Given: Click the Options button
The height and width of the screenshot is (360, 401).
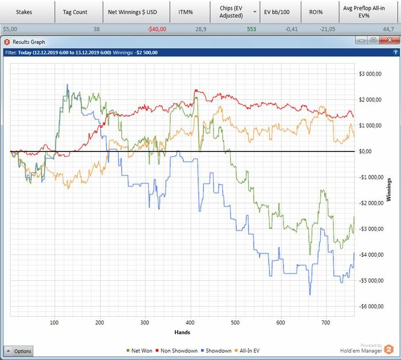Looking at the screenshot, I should tap(19, 351).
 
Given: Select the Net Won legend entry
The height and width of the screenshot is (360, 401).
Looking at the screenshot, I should tap(141, 351).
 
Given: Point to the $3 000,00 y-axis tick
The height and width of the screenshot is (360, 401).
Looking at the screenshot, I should tap(373, 74).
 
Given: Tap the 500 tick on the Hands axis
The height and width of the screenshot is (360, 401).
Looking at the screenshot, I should tap(235, 323).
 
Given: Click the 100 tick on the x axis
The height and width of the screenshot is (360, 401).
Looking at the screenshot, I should tap(54, 323).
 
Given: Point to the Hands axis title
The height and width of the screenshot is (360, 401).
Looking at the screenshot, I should tap(182, 332).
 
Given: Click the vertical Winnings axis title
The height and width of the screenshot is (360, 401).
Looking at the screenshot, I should tap(389, 190).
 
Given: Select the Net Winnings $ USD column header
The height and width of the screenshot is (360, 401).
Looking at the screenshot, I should tap(132, 11).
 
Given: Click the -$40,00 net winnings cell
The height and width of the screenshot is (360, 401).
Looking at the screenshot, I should tap(156, 29).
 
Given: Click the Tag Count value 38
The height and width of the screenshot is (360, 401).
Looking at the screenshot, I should tap(96, 29).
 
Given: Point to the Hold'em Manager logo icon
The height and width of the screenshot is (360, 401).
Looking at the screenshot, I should tap(389, 349).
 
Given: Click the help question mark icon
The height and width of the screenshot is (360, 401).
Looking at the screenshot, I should tap(395, 52).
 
